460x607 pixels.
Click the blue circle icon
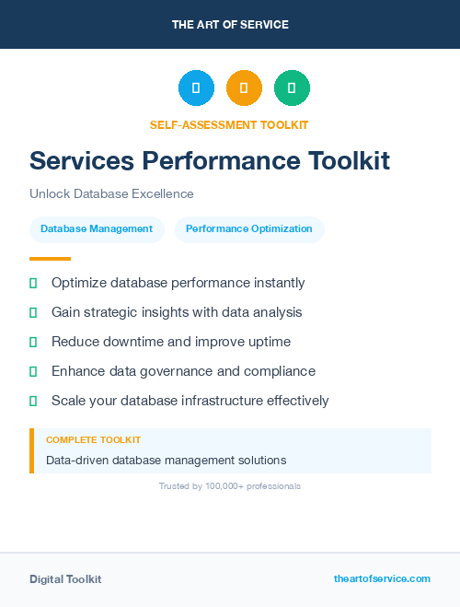pyautogui.click(x=196, y=88)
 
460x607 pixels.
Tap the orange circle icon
pyautogui.click(x=244, y=88)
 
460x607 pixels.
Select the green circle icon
pyautogui.click(x=292, y=88)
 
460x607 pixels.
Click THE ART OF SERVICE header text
pyautogui.click(x=230, y=25)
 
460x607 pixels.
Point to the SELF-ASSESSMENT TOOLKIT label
pyautogui.click(x=229, y=124)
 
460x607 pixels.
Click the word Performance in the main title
pyautogui.click(x=221, y=161)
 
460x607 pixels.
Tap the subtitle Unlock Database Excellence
pyautogui.click(x=111, y=194)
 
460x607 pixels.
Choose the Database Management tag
pyautogui.click(x=97, y=228)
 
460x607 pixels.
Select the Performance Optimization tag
pyautogui.click(x=249, y=228)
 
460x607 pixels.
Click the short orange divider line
pyautogui.click(x=50, y=259)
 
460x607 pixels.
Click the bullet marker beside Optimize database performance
pyautogui.click(x=33, y=283)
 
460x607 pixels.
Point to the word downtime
pyautogui.click(x=132, y=342)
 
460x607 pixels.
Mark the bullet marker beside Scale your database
pyautogui.click(x=33, y=401)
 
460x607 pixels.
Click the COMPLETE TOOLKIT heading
pyautogui.click(x=93, y=440)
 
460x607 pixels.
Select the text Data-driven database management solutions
pyautogui.click(x=166, y=460)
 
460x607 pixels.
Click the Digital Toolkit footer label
pyautogui.click(x=65, y=579)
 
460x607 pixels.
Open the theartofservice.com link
pyautogui.click(x=382, y=578)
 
